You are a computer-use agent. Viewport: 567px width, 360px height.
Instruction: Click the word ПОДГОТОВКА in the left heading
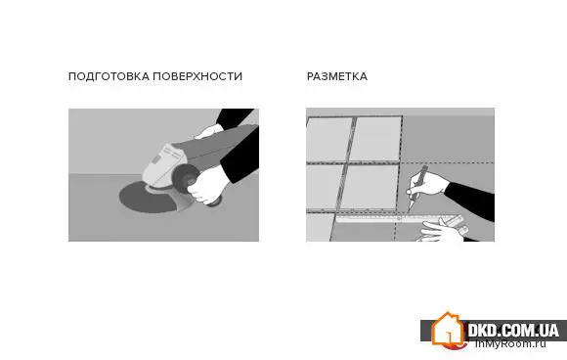(x=109, y=76)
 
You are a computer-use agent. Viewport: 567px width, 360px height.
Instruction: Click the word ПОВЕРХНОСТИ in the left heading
(x=197, y=76)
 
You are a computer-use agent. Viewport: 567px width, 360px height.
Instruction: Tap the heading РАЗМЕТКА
(x=337, y=76)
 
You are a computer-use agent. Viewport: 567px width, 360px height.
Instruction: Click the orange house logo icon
(x=447, y=330)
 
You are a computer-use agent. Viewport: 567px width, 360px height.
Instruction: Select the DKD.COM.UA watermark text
(x=513, y=330)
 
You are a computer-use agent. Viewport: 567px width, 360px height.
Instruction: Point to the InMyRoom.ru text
(x=510, y=343)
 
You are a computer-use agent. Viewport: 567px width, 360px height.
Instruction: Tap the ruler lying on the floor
(x=399, y=218)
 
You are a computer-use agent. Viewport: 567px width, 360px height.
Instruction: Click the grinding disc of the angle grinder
(x=149, y=199)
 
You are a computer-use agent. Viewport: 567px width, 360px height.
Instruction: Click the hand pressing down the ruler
(x=443, y=231)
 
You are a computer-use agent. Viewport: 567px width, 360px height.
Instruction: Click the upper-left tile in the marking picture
(x=328, y=140)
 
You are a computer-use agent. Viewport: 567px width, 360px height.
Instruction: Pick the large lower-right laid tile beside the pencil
(x=369, y=187)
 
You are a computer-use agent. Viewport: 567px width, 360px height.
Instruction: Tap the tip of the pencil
(x=409, y=211)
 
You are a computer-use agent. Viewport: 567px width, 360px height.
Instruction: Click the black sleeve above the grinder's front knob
(x=240, y=154)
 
